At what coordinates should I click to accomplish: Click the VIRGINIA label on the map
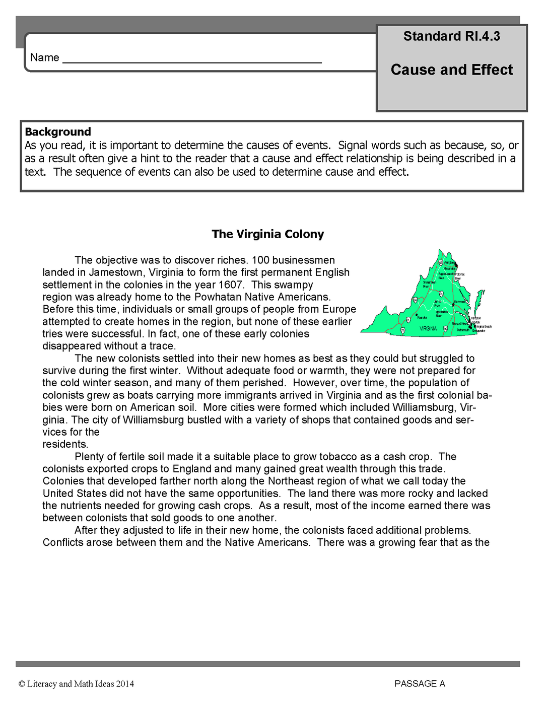click(428, 328)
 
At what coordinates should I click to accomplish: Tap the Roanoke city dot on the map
click(416, 315)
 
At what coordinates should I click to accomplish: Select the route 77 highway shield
click(403, 330)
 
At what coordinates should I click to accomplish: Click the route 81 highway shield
click(408, 320)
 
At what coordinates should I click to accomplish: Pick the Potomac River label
click(459, 276)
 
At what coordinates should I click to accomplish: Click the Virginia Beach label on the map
click(483, 326)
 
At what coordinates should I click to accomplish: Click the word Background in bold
click(58, 132)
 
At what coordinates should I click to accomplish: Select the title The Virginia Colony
click(267, 234)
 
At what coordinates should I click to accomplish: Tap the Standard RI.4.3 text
click(451, 36)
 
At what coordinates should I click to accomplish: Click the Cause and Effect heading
click(451, 69)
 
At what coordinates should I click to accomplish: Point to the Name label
click(45, 57)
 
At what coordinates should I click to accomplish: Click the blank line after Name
click(191, 59)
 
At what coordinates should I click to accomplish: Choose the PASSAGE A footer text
click(420, 683)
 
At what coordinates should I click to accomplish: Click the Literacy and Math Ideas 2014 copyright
click(77, 683)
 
